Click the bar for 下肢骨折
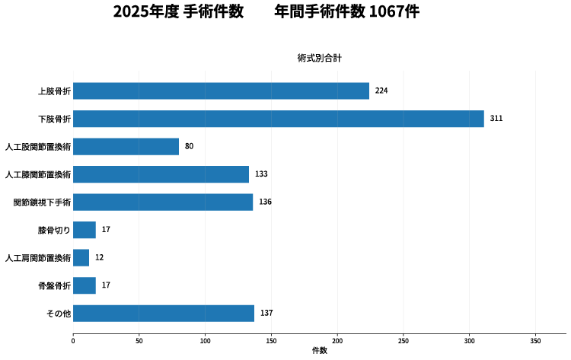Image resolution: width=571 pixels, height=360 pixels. click(x=278, y=119)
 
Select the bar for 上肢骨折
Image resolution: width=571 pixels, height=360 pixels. click(x=221, y=91)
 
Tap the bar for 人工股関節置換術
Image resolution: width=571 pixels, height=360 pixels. click(x=126, y=146)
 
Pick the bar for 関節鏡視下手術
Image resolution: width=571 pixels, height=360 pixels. click(x=163, y=202)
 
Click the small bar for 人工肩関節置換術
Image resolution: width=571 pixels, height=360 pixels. click(x=81, y=258)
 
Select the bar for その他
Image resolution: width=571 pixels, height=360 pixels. click(x=164, y=314)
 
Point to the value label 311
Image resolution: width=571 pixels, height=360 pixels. click(x=496, y=119)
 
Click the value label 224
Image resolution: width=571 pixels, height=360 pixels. click(x=381, y=91)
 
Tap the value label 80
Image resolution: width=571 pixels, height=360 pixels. click(x=189, y=146)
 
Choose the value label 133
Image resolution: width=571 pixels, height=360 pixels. click(x=261, y=174)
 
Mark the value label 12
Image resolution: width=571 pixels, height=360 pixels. click(x=99, y=258)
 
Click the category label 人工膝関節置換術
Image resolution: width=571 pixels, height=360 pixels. click(x=37, y=174)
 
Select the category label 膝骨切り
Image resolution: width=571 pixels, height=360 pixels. click(x=54, y=230)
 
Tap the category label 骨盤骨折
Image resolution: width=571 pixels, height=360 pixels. click(x=54, y=285)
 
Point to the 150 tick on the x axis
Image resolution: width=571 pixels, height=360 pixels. click(x=271, y=341)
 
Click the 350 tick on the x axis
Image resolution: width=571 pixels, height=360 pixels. click(x=535, y=341)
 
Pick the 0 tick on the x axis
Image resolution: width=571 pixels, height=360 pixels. click(x=73, y=341)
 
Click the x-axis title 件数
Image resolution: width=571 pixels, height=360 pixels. click(x=320, y=351)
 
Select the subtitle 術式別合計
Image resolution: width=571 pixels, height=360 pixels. click(x=320, y=58)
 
